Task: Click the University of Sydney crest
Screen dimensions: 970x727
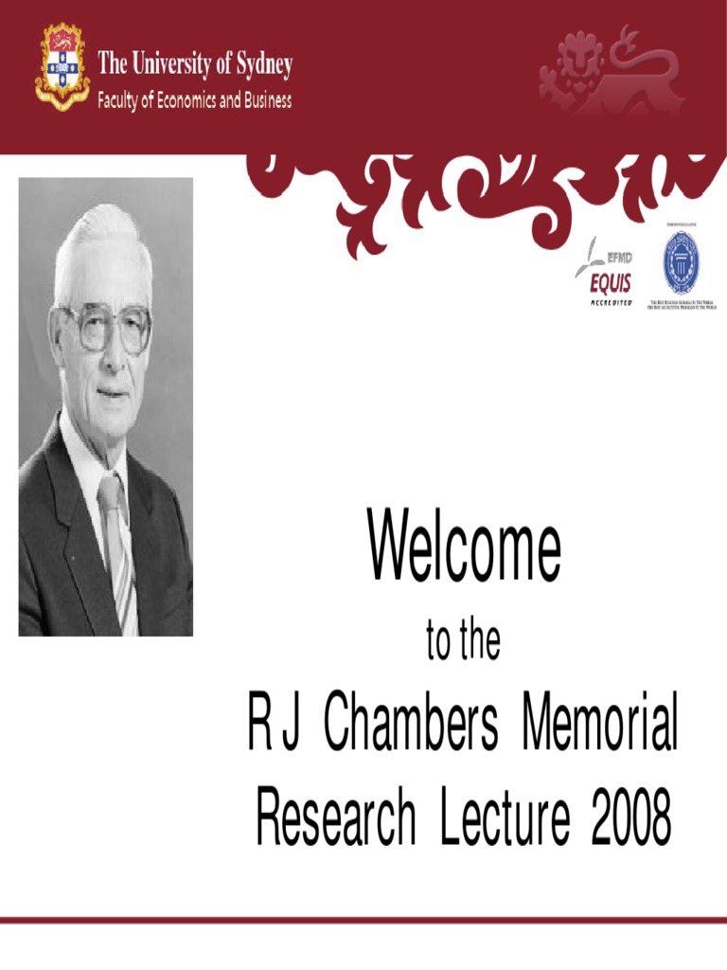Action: click(x=62, y=66)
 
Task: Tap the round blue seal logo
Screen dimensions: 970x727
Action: click(x=681, y=262)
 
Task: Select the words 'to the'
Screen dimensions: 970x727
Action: click(x=463, y=643)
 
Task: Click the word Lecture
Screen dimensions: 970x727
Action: click(x=505, y=820)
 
